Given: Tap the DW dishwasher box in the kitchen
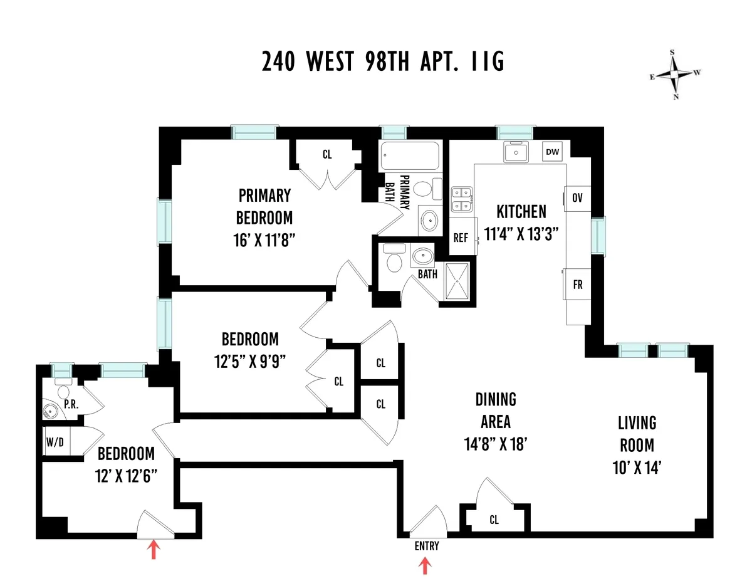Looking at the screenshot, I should click(x=552, y=152).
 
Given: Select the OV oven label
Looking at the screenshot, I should click(x=577, y=198).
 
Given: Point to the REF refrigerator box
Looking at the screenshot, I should click(x=461, y=238).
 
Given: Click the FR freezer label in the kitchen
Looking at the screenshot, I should click(x=577, y=285).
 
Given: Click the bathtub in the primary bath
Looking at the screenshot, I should click(x=410, y=155).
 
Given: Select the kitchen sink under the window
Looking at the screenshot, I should click(x=517, y=152).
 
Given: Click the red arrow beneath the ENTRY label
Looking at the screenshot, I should click(x=425, y=567).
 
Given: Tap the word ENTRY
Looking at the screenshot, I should click(x=426, y=546).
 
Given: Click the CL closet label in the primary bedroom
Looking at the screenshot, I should click(x=327, y=155).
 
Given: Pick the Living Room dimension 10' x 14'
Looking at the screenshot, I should click(x=637, y=466).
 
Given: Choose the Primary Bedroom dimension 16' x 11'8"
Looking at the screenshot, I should click(x=264, y=240).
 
